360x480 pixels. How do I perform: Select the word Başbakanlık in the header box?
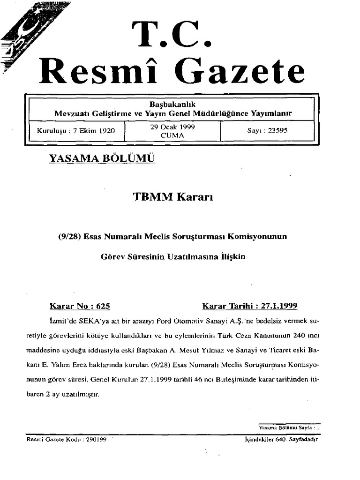coord(172,104)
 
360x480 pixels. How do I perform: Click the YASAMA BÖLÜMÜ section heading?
coord(101,159)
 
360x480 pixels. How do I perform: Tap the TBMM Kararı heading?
coord(173,197)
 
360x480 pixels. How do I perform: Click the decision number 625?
coord(102,307)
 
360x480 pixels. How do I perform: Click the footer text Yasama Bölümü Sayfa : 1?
coord(289,427)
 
